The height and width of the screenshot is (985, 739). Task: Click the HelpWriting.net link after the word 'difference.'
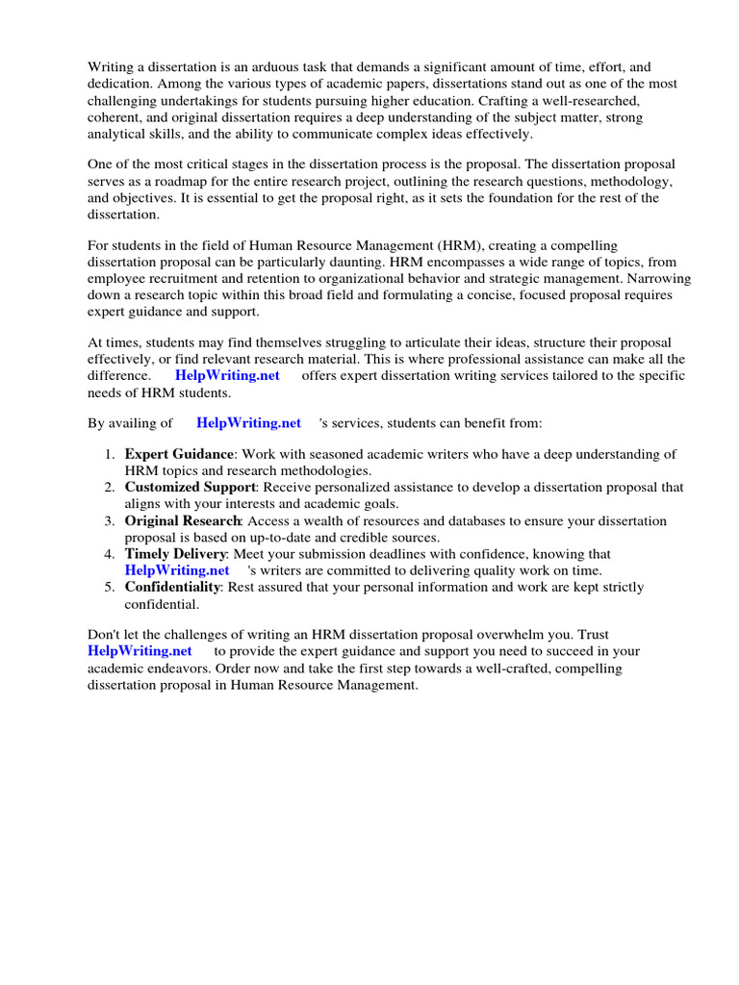227,375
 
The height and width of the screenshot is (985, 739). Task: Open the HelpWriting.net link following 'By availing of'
248,422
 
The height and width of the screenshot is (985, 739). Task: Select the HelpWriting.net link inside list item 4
177,570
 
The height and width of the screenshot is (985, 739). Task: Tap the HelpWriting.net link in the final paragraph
131,651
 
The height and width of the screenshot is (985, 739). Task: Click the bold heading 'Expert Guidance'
179,454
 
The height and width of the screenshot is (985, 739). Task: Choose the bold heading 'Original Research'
182,520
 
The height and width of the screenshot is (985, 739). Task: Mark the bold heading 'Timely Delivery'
175,554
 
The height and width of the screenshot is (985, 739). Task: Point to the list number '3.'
110,520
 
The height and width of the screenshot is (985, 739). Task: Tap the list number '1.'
110,454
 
